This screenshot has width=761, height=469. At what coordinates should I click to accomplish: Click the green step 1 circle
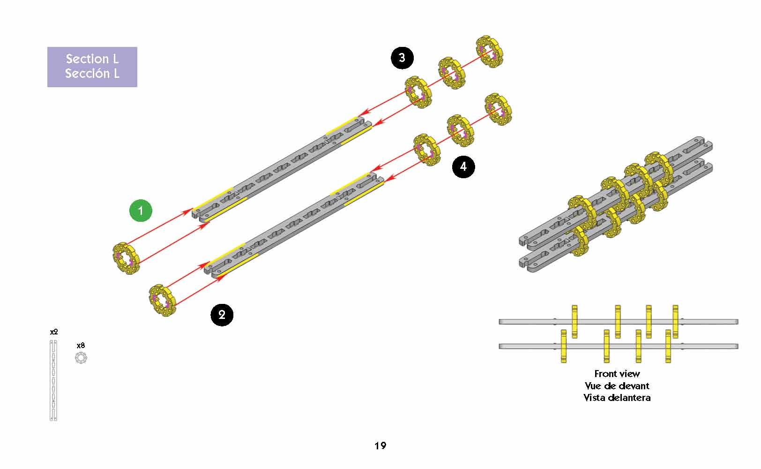click(141, 211)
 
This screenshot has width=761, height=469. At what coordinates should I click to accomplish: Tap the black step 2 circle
click(222, 315)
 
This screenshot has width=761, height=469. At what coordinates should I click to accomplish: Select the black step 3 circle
click(402, 58)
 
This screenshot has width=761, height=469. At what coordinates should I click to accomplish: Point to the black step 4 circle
click(463, 166)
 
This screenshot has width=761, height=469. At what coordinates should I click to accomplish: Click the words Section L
click(92, 59)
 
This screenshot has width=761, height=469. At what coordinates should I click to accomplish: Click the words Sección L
click(92, 74)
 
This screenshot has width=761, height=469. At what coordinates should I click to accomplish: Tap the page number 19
click(380, 446)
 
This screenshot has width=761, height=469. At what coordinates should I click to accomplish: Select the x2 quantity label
click(54, 332)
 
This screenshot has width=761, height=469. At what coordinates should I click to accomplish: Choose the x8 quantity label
click(81, 346)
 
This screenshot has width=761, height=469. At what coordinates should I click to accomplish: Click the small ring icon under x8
click(81, 358)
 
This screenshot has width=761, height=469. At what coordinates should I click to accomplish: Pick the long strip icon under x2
click(53, 380)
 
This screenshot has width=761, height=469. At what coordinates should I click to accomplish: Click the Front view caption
click(617, 374)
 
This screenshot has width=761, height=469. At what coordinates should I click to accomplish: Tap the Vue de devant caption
click(617, 386)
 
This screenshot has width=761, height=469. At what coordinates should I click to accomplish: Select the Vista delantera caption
click(617, 398)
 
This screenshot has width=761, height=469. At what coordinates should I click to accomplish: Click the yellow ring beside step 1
click(126, 258)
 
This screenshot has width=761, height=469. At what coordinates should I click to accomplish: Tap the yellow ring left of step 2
click(163, 300)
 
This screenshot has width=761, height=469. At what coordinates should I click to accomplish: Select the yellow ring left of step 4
click(427, 150)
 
